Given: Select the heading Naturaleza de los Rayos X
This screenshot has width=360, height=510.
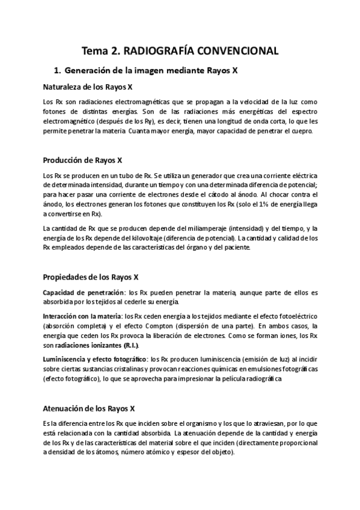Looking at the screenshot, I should (x=88, y=87).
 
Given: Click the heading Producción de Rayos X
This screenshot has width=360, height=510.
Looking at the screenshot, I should (x=83, y=160).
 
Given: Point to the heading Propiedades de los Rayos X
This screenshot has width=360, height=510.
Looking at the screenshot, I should (x=91, y=277).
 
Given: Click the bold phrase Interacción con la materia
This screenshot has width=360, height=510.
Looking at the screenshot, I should (x=82, y=316).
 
